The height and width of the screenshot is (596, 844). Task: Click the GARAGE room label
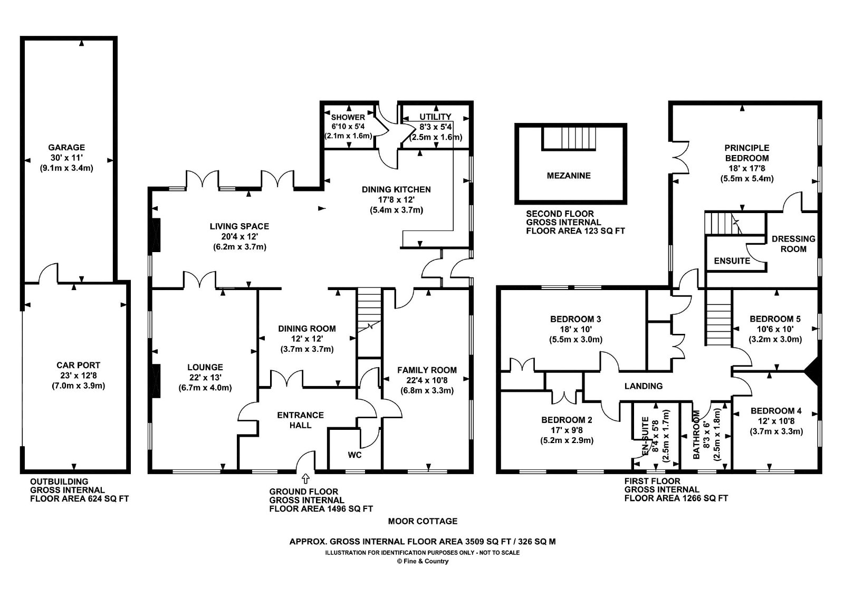[66, 148]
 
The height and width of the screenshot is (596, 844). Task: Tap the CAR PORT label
[79, 365]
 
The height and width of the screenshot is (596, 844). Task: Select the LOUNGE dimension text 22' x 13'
[205, 378]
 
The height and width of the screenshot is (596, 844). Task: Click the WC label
[354, 455]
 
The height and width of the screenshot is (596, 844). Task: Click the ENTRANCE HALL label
[300, 420]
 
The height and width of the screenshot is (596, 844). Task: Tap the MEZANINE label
[569, 176]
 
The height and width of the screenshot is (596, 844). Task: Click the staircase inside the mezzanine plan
[569, 138]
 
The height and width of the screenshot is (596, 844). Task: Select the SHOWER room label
[348, 117]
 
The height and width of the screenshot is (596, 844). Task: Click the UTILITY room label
[435, 117]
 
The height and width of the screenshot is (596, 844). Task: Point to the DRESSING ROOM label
[793, 244]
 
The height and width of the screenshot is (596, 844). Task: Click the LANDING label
[643, 386]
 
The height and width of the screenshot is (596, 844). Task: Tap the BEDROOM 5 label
[775, 319]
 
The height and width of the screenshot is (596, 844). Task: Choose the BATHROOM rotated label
[696, 435]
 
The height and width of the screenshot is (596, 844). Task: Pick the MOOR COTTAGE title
[423, 522]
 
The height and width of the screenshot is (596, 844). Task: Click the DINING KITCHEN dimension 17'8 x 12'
[396, 200]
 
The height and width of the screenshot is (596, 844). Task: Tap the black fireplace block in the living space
[156, 235]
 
